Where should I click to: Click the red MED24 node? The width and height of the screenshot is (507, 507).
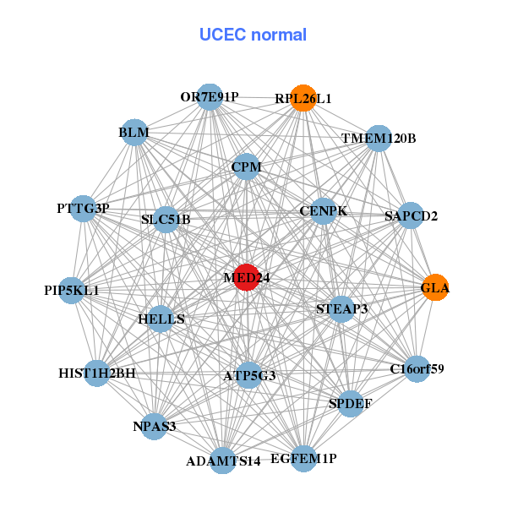[x=246, y=278]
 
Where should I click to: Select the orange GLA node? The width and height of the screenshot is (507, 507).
[x=435, y=287]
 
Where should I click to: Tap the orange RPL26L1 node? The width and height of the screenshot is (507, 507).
[x=303, y=98]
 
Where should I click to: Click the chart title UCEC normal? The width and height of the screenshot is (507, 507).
[x=253, y=35]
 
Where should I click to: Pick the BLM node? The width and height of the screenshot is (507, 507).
[x=134, y=133]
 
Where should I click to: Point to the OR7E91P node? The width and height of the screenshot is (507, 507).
[x=210, y=97]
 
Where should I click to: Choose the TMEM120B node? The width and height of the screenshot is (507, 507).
[x=379, y=138]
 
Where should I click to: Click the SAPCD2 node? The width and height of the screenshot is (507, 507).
[x=411, y=215]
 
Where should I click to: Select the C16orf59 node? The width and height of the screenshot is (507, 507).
[x=417, y=368]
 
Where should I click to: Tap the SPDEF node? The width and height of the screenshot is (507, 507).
[x=350, y=403]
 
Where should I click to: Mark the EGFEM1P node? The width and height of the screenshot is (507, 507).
[x=303, y=458]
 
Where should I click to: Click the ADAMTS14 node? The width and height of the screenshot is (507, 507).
[x=223, y=461]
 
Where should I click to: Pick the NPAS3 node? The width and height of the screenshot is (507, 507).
[x=154, y=425]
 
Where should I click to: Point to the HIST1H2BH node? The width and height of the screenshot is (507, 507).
[x=97, y=373]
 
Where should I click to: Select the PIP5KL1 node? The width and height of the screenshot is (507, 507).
[x=72, y=290]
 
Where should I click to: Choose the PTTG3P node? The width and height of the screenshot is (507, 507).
[x=83, y=209]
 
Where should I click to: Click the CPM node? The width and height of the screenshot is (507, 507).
[x=246, y=167]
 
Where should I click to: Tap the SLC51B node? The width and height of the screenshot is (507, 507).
[x=166, y=220]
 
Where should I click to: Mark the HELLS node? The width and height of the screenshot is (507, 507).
[x=161, y=319]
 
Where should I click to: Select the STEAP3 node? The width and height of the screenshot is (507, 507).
[x=341, y=308]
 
